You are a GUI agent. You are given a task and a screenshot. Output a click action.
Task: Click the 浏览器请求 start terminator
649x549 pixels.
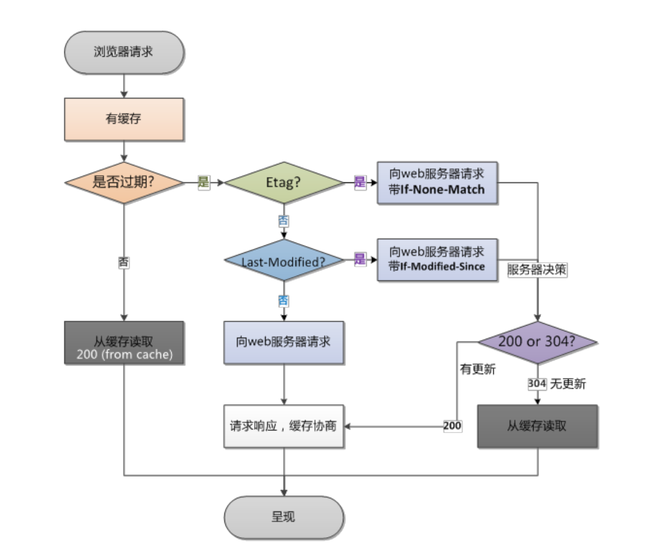pos(124,52)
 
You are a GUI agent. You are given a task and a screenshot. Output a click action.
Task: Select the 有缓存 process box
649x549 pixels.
pos(124,119)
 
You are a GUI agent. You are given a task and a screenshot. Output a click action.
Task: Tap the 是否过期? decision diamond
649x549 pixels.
pos(124,182)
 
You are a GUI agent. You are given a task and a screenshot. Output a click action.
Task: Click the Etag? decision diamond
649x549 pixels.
pos(284,182)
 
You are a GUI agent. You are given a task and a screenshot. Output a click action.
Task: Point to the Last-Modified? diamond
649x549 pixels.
pos(284,260)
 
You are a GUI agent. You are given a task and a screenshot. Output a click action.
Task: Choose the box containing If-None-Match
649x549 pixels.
pos(437,182)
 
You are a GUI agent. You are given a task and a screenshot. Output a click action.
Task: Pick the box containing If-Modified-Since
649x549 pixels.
pos(437,259)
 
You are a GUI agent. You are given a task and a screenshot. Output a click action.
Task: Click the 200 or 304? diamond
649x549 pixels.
pos(537,342)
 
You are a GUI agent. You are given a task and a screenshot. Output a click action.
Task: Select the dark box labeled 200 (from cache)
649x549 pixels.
pos(124,342)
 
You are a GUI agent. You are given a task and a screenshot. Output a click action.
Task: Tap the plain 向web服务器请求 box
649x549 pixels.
pos(284,342)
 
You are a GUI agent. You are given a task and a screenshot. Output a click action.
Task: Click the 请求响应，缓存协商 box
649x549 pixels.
pos(284,426)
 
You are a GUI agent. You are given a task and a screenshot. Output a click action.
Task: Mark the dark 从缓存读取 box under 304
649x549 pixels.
pos(537,426)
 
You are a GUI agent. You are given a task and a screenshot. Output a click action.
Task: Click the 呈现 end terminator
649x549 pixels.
pos(284,516)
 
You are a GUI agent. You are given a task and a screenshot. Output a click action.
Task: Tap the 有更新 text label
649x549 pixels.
pos(477,370)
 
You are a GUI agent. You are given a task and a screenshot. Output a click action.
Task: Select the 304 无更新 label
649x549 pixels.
pos(556,384)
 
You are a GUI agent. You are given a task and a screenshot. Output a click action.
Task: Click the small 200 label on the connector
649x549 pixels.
pos(452,426)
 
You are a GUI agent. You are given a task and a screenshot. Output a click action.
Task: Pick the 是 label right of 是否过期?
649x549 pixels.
pos(204,183)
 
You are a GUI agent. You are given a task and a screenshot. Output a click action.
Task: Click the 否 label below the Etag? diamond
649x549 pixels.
pos(284,221)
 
